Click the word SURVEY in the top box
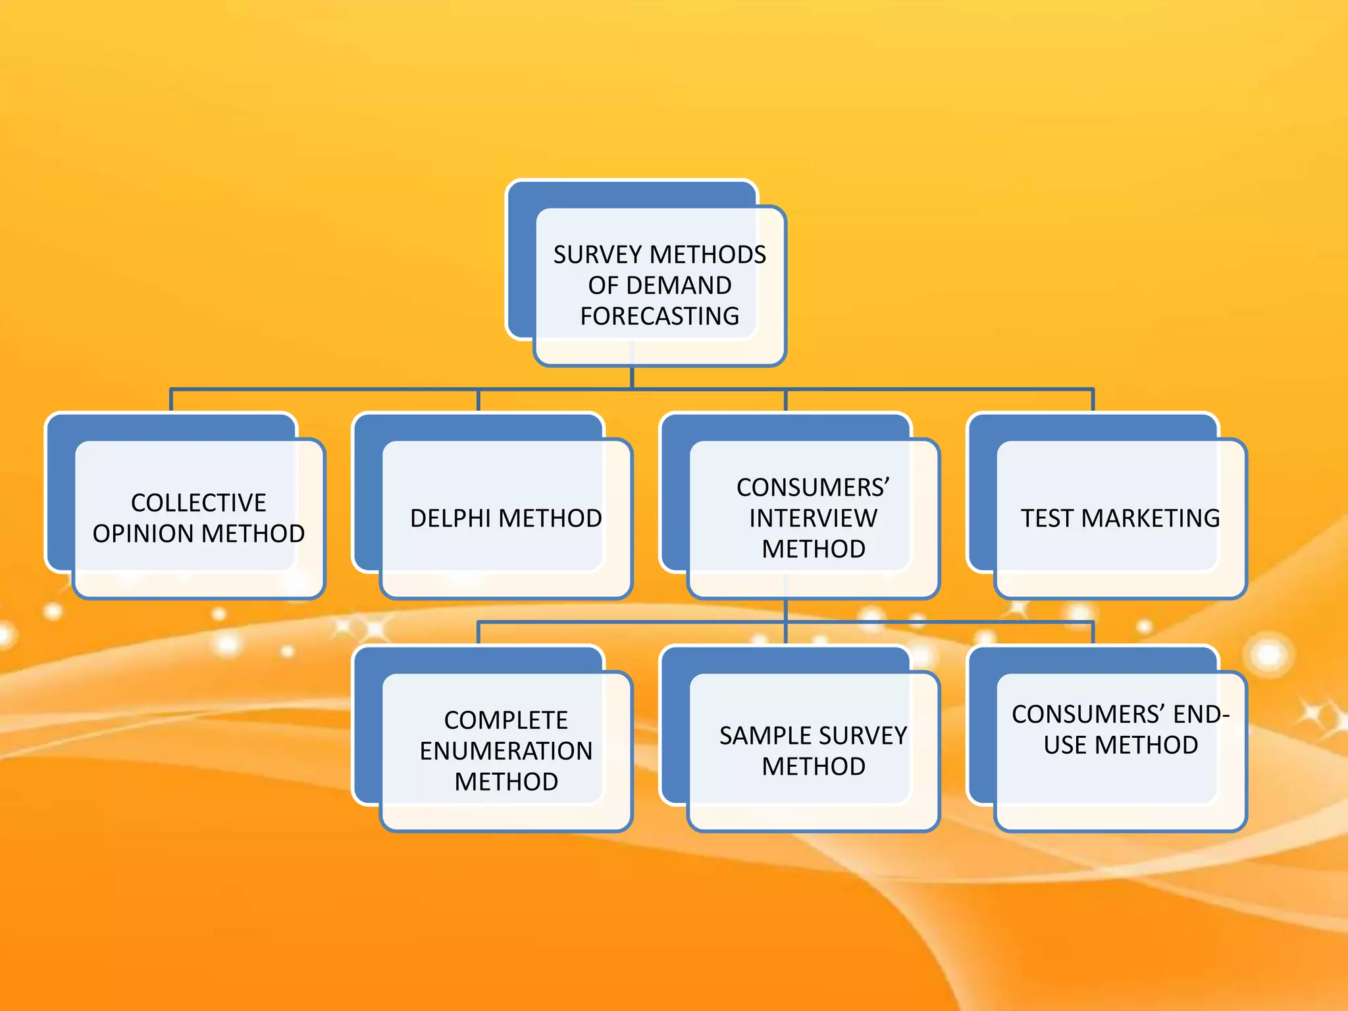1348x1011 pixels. tap(598, 255)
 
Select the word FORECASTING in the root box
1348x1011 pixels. tap(660, 317)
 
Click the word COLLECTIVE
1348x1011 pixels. tap(198, 503)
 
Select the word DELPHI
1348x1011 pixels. tap(451, 519)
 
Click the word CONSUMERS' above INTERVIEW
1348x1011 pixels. tap(813, 488)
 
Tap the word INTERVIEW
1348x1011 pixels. tap(813, 519)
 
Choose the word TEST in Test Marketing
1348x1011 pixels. tap(1047, 519)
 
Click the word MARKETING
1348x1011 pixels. tap(1151, 519)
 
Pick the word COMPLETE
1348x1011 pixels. tap(505, 720)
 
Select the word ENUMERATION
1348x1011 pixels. tap(505, 751)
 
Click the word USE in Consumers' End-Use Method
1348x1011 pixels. tap(1066, 745)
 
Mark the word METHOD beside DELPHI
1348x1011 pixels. tap(550, 519)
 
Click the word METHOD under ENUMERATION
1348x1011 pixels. tap(505, 782)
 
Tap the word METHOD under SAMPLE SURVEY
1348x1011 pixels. tap(813, 767)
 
